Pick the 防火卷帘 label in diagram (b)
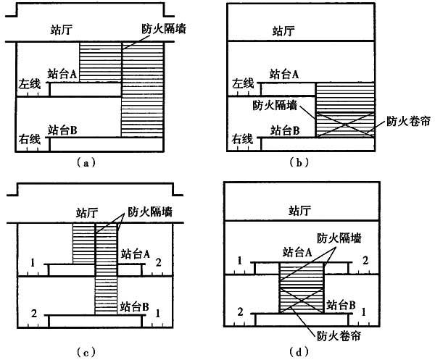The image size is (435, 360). click(x=402, y=121)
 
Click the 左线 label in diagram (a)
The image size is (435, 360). click(x=30, y=85)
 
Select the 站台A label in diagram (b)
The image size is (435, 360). click(x=285, y=73)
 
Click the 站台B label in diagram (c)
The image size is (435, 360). click(x=136, y=307)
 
